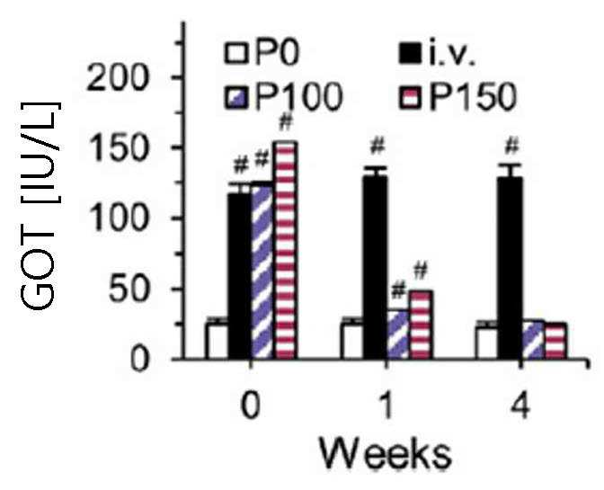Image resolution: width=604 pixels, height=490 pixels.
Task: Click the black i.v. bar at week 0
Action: pos(240,276)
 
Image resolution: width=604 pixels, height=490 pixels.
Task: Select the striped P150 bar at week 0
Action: pos(286,250)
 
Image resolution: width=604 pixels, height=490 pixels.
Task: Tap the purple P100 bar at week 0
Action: pos(262,272)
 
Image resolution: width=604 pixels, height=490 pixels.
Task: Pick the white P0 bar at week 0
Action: pos(218,341)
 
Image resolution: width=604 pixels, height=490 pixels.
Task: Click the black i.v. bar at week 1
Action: pos(375,267)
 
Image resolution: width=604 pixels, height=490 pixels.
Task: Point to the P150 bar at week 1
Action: pos(421,325)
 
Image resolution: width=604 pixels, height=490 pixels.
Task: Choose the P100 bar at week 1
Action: pos(398,334)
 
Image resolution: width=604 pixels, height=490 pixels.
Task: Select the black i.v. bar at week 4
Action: pos(511,268)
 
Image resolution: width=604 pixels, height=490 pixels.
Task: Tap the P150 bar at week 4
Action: pos(555,342)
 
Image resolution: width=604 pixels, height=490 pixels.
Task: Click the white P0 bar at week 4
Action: pos(488,343)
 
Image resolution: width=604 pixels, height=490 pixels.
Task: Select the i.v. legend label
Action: pos(451,52)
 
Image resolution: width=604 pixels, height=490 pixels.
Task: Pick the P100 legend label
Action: pos(297,96)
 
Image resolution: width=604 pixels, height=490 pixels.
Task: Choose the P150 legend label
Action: pos(472,96)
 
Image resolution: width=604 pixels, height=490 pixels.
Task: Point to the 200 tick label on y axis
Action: pos(118,77)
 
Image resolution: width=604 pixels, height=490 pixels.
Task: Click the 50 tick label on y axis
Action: pos(129,289)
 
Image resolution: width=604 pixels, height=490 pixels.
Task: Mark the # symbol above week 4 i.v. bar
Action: pos(512,146)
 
